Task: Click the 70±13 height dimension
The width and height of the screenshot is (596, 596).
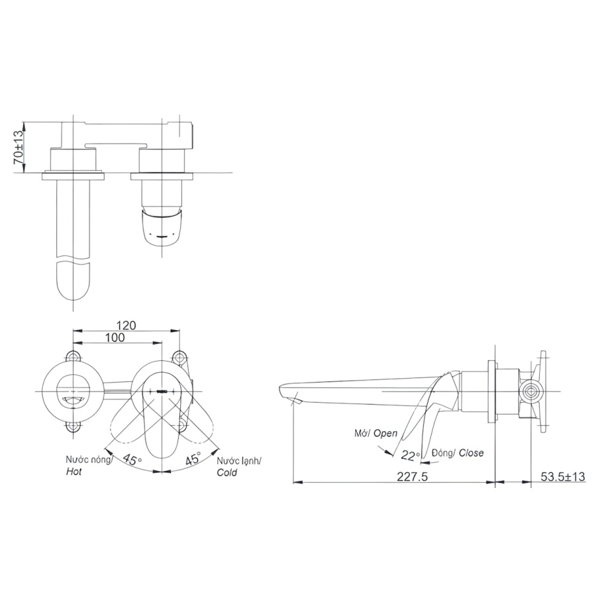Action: (19, 147)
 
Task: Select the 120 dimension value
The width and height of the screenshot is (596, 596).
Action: (126, 326)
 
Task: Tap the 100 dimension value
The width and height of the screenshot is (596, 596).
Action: (115, 338)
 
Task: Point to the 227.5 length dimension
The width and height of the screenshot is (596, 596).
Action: (413, 477)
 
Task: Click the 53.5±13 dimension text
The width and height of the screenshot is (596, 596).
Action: (562, 477)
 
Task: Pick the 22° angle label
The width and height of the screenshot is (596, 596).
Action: (411, 455)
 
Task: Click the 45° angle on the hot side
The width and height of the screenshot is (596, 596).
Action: (132, 460)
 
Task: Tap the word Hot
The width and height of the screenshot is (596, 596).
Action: (74, 472)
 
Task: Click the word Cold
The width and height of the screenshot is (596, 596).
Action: (227, 472)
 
